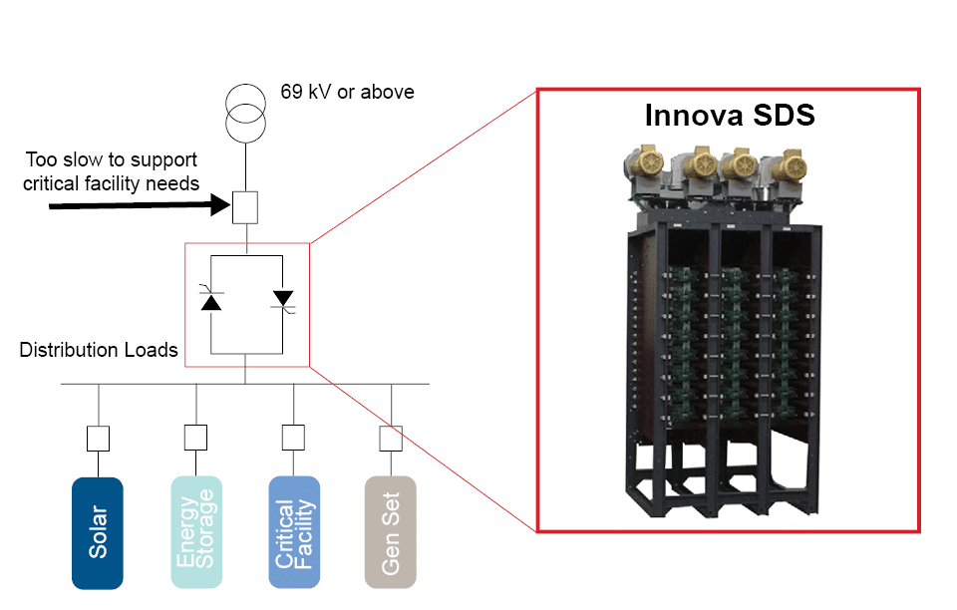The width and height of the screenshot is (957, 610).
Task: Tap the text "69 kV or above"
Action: coord(347,93)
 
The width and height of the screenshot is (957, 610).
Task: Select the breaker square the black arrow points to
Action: coord(245,206)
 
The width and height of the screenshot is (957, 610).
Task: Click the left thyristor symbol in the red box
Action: coord(211,298)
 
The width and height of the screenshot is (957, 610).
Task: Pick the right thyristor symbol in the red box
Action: coord(282,298)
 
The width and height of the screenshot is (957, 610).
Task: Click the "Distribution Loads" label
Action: coord(99,350)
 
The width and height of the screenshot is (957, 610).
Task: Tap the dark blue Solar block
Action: coord(98,532)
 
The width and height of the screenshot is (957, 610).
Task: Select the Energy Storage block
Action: coord(195,532)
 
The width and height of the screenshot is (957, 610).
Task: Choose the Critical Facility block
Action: coord(294,532)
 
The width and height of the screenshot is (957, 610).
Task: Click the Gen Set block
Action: coord(391,532)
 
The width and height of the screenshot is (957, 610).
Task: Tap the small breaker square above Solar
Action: coord(98,439)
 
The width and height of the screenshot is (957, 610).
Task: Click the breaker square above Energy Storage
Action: coord(195,439)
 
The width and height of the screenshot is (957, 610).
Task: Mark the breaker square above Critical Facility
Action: coord(293,439)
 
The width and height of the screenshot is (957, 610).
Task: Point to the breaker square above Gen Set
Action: coord(391,439)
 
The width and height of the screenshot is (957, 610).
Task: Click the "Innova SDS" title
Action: coord(730,115)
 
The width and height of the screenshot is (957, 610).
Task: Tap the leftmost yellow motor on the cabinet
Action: coord(642,170)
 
